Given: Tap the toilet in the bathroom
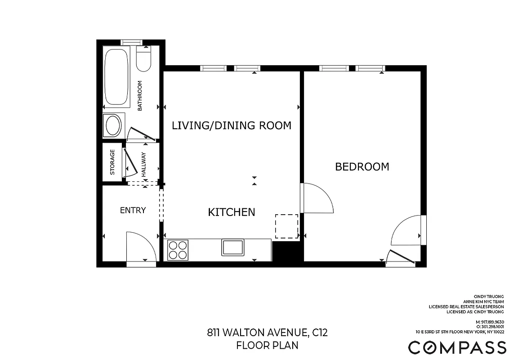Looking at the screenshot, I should [x=144, y=61].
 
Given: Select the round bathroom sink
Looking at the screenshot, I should [x=112, y=125].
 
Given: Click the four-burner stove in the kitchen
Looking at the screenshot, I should [x=177, y=250].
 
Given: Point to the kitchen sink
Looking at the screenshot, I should [x=232, y=247].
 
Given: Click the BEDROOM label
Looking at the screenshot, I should [x=362, y=167].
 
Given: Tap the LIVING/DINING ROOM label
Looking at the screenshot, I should [x=232, y=126].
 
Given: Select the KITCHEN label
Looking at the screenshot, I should [x=231, y=212].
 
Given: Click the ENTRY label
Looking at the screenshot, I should [x=133, y=210].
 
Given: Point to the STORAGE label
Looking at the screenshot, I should [x=112, y=162].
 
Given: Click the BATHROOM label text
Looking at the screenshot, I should [x=140, y=95].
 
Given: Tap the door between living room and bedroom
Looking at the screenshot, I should [x=317, y=198].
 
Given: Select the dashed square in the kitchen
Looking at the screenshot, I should [x=286, y=226].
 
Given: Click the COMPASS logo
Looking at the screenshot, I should [x=457, y=347].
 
